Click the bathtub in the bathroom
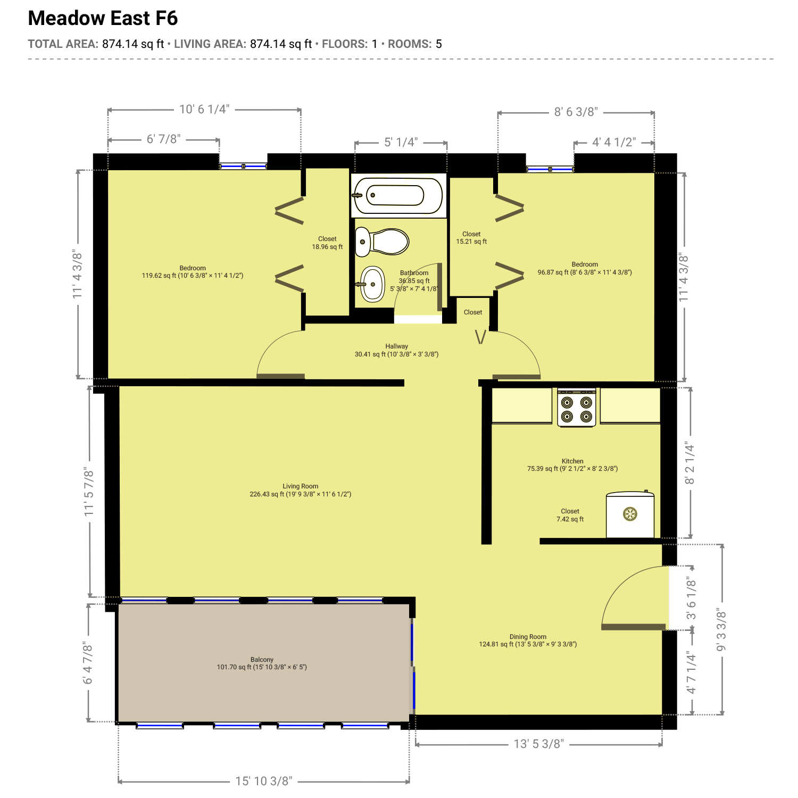[398, 195]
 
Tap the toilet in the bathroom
[381, 242]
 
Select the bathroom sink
[372, 284]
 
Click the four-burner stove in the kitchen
[577, 408]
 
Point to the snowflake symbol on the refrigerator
[630, 514]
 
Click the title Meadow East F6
[103, 18]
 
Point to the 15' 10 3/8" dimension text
[264, 781]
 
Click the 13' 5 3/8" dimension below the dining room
[539, 744]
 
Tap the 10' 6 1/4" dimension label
[204, 109]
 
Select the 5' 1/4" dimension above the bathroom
[401, 142]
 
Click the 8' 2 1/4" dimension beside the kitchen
[690, 463]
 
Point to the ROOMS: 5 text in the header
[415, 44]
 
